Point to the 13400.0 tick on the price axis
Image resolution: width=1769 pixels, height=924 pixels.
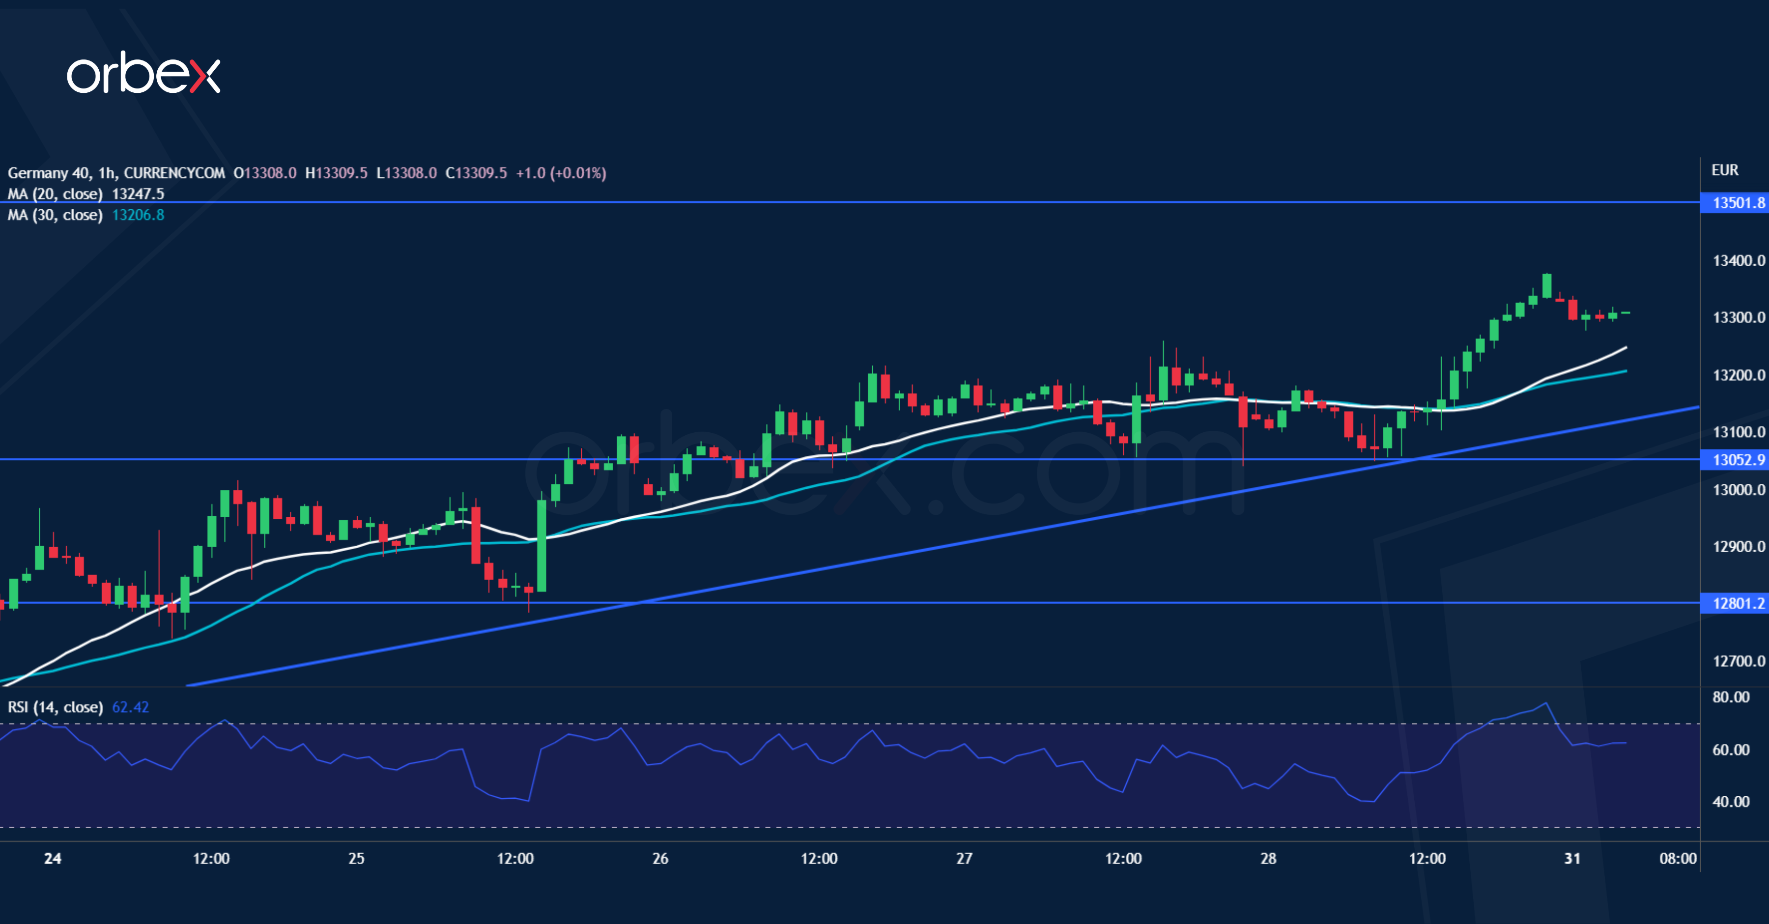1738,261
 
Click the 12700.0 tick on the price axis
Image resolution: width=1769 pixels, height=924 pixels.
1738,661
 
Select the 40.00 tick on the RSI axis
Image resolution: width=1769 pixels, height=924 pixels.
1731,802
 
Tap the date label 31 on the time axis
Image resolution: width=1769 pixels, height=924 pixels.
1572,858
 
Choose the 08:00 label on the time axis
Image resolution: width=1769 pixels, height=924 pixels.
1678,858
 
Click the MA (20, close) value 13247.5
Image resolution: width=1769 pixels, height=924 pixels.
138,194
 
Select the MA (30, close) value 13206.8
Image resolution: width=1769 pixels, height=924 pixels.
138,215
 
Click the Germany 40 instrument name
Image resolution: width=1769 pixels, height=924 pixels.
48,173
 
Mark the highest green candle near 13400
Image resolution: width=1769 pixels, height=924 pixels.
1546,285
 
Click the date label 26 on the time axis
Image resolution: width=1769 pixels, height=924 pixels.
660,858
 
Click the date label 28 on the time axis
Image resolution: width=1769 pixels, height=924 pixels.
1268,858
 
